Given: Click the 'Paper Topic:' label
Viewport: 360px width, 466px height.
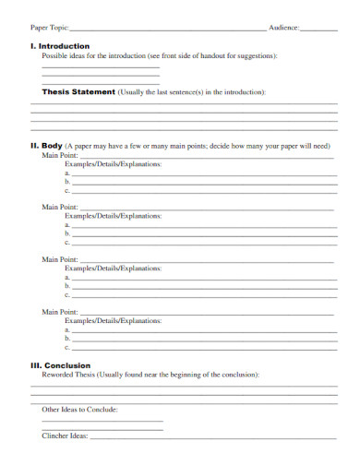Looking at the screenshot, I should coord(49,30).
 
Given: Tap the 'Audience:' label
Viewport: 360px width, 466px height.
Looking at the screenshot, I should coord(284,30).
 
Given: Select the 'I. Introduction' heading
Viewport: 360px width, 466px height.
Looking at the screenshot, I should coord(60,45).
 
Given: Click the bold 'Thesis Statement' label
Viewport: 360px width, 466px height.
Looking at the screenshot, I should coord(78,92).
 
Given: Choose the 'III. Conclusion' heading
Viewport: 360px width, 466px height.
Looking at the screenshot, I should coord(61,365).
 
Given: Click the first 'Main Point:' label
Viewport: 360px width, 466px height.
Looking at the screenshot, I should coord(58,155).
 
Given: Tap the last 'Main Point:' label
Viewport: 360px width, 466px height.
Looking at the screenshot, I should coord(58,312).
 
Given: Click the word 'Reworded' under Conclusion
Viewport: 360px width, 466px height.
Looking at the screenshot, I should coord(59,375).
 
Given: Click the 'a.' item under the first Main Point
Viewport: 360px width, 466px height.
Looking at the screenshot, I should coord(67,173).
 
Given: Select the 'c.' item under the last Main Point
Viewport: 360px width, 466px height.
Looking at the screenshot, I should coord(67,347).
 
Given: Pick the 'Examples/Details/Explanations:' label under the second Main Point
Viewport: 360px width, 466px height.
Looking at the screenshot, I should coord(119,216).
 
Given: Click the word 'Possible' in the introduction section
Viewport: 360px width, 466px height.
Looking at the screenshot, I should coord(57,55).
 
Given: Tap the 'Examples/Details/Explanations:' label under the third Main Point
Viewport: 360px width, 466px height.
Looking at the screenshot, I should coord(119,269).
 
